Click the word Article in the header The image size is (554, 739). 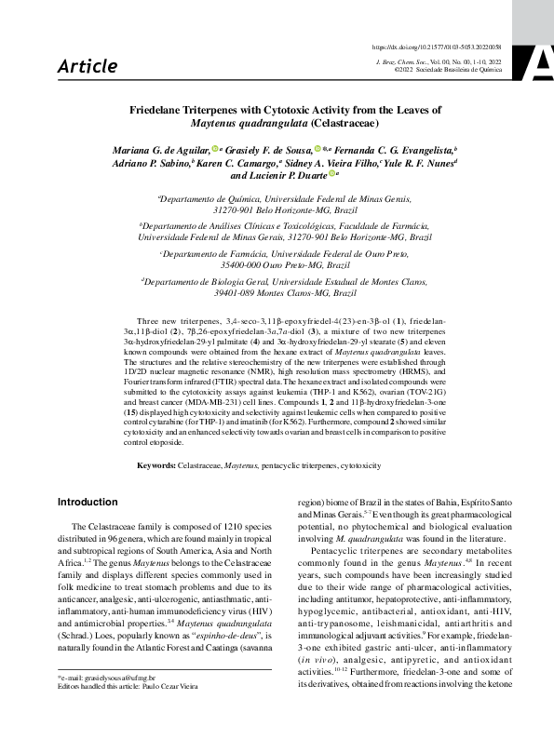(x=88, y=66)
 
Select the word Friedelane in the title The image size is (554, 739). (x=160, y=110)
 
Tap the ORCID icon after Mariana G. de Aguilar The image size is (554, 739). (x=213, y=148)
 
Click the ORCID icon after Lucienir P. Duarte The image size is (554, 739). (x=331, y=174)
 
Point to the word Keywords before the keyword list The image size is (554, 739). (x=156, y=464)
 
